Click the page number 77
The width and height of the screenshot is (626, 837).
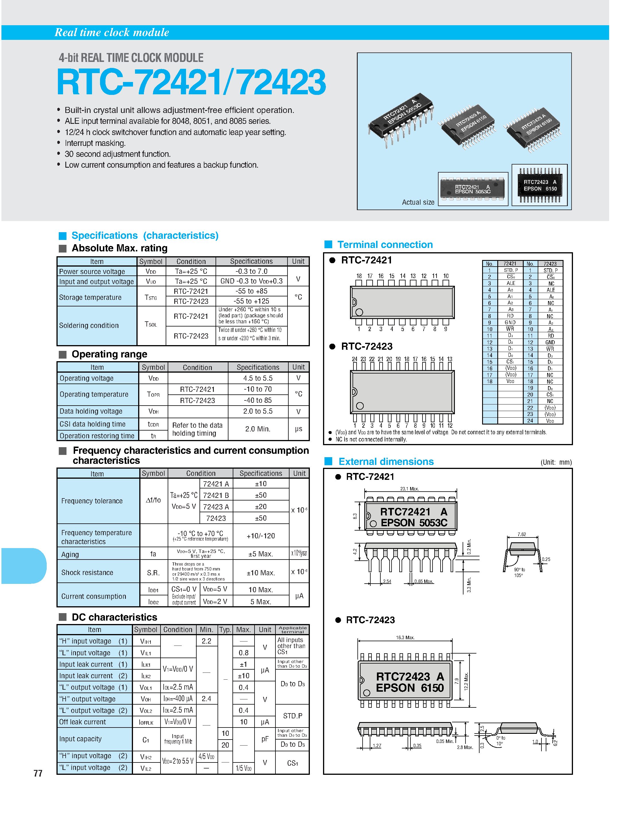coord(38,773)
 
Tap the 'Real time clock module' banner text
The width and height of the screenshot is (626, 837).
coord(112,33)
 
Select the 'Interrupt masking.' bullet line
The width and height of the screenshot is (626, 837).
coord(95,143)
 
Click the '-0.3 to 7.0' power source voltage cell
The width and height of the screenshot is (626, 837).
coord(251,271)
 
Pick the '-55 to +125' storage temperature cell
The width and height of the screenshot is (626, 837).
coord(251,301)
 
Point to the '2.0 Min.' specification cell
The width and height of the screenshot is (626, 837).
coord(257,429)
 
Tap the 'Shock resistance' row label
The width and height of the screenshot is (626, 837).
coord(87,572)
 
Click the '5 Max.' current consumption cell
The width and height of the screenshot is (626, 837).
coord(260,602)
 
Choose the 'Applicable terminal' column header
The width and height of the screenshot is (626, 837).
coord(293,629)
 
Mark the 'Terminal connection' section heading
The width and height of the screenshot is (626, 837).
coord(385,245)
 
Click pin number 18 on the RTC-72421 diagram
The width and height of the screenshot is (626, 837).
coord(359,276)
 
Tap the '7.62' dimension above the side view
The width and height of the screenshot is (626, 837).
coord(522,534)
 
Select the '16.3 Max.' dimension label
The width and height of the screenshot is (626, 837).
coord(405,637)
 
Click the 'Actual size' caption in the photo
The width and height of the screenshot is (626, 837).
coord(418,202)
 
